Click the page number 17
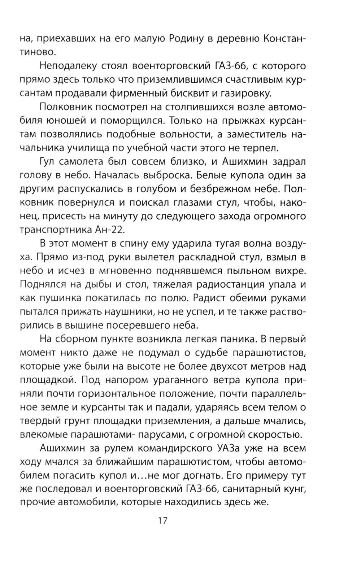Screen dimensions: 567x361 (162, 521)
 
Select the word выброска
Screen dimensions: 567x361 (165, 175)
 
